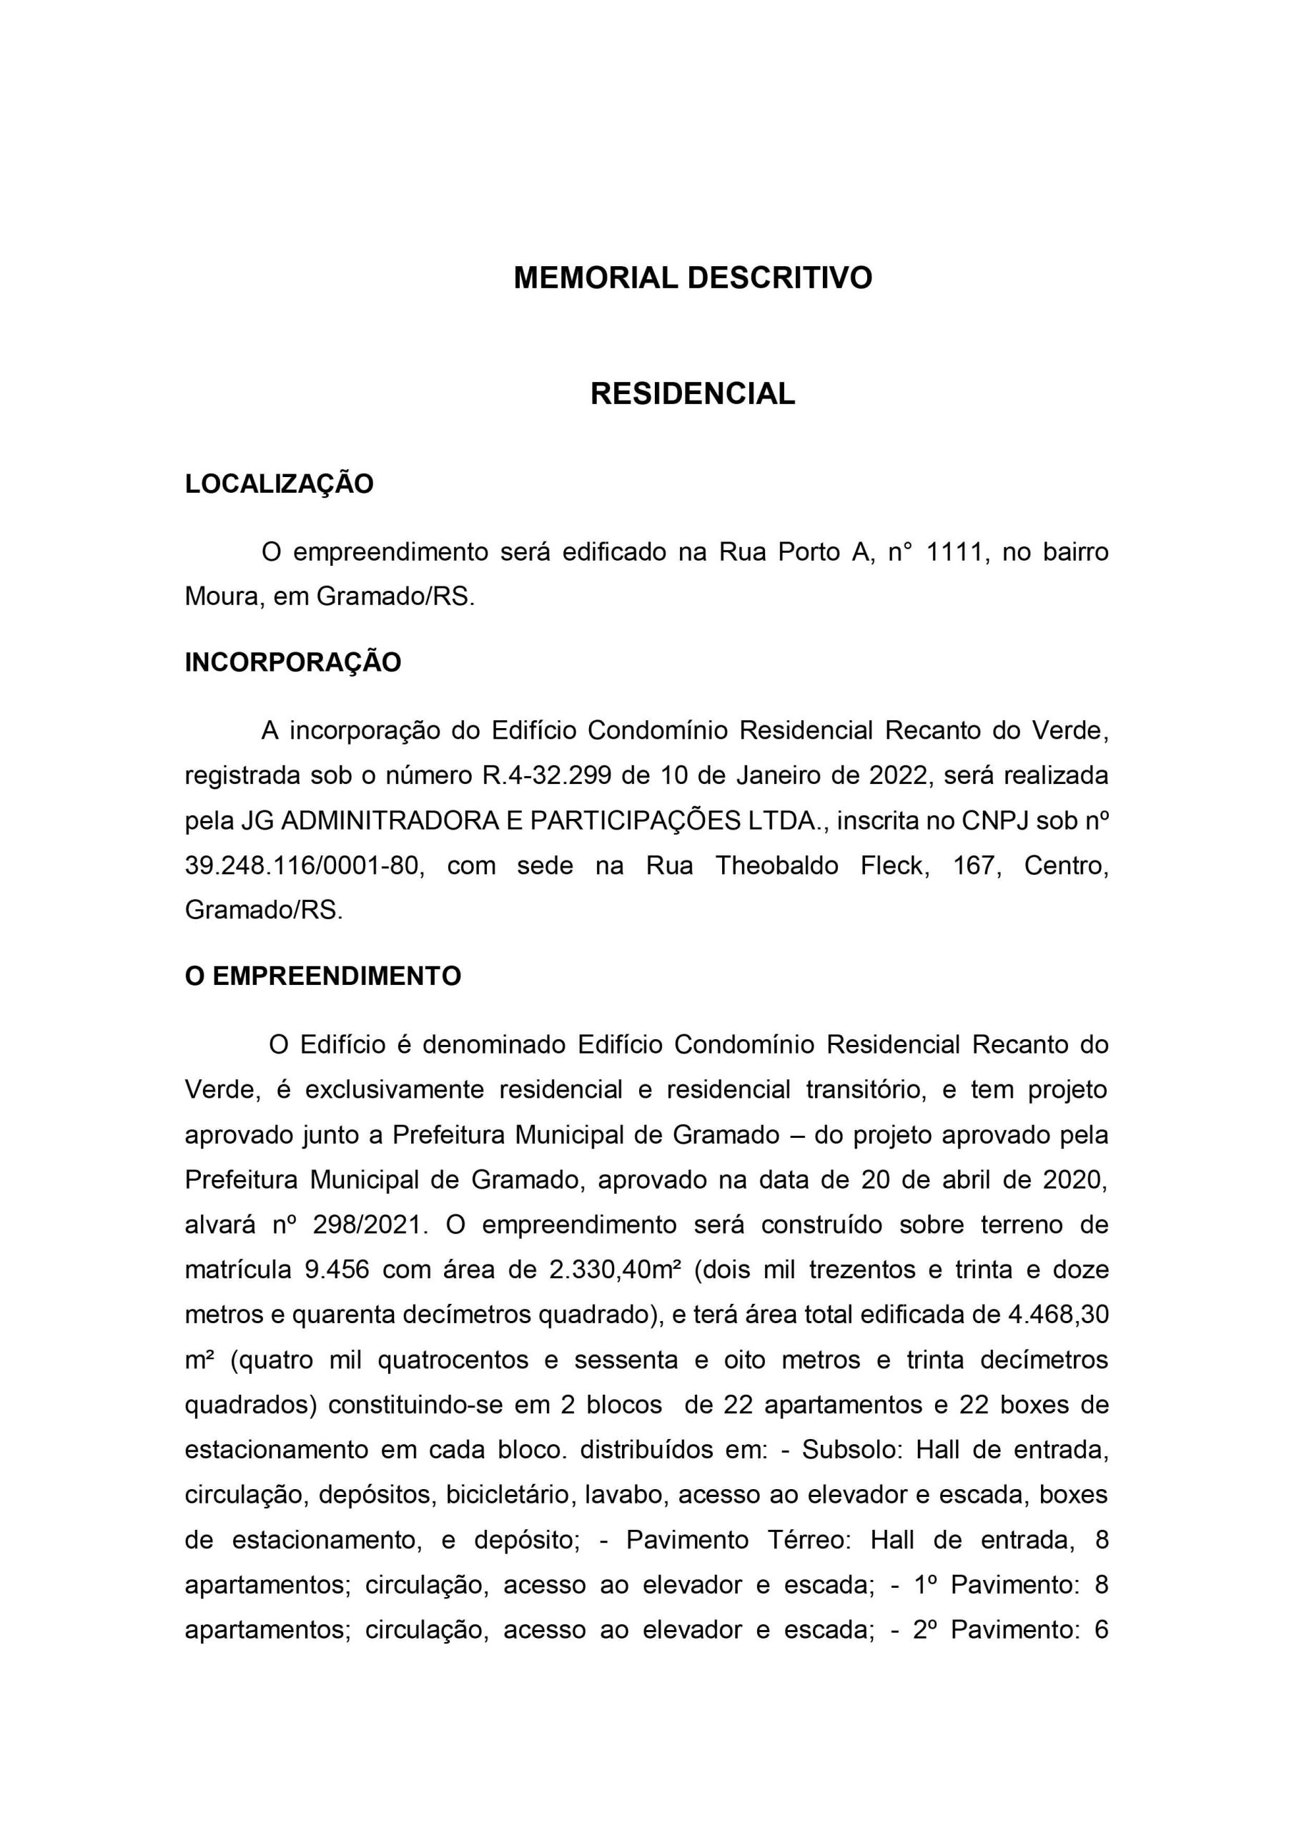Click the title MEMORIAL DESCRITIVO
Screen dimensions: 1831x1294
pos(692,278)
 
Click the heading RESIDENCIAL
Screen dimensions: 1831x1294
pos(692,394)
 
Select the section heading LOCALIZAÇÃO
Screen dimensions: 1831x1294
pos(279,484)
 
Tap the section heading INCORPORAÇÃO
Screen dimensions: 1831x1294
pos(292,663)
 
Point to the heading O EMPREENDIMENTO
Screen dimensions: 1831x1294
pos(323,976)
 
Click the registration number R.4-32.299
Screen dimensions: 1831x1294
pos(545,775)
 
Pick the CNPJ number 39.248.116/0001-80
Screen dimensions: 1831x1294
pos(302,865)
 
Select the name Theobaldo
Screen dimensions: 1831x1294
pos(776,865)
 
